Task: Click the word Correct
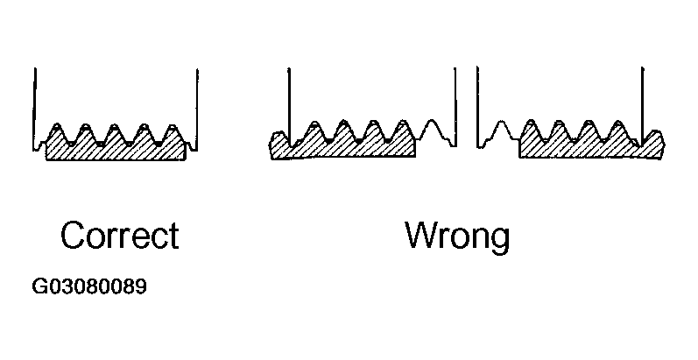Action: tap(119, 236)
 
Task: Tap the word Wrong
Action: tap(456, 236)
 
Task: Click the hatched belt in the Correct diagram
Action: tap(115, 151)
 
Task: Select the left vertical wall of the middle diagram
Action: tap(289, 101)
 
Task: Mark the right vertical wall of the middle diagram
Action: tap(455, 101)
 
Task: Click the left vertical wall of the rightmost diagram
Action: tap(477, 101)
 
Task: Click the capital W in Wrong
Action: tap(423, 236)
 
